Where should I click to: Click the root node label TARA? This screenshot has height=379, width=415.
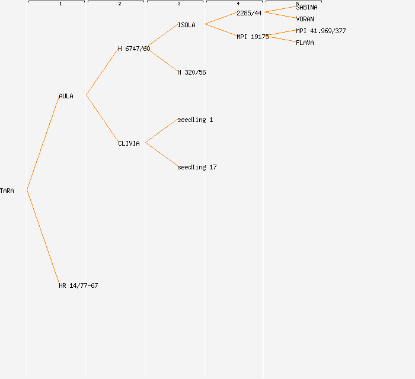[7, 191]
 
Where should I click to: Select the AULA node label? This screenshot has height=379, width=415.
[66, 96]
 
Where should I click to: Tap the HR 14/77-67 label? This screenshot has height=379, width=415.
[78, 285]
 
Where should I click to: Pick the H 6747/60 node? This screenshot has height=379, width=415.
[134, 49]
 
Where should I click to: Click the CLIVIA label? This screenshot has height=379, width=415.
[129, 143]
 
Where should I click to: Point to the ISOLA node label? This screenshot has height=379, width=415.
[186, 25]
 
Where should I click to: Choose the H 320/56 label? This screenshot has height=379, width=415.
[191, 72]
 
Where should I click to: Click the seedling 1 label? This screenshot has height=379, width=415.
[195, 120]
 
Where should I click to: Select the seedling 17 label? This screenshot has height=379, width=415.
[197, 167]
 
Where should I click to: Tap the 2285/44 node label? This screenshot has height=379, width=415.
[249, 13]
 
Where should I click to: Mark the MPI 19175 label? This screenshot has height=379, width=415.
[253, 37]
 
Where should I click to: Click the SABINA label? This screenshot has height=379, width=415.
[307, 7]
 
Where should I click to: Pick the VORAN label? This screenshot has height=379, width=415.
[305, 19]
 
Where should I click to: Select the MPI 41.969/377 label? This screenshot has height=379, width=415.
[321, 31]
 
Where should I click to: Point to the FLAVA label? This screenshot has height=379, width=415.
[305, 43]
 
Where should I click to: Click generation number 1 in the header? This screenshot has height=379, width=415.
[60, 4]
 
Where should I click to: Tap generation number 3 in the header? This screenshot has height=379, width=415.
[179, 4]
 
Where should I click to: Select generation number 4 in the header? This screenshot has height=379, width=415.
[238, 4]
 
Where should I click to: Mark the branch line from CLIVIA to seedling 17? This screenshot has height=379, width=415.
[161, 155]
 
